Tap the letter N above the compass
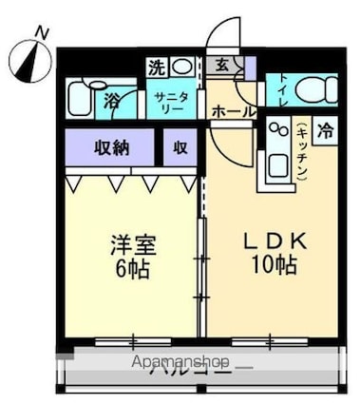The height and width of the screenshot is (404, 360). [x=41, y=32]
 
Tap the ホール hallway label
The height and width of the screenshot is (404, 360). [x=233, y=111]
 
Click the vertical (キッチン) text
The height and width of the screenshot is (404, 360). [x=300, y=152]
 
